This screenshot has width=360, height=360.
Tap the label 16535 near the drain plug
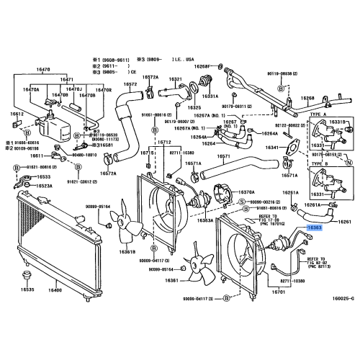coord(27,289)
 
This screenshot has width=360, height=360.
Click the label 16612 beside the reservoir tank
coord(17,114)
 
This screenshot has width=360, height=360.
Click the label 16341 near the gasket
coord(273,147)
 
